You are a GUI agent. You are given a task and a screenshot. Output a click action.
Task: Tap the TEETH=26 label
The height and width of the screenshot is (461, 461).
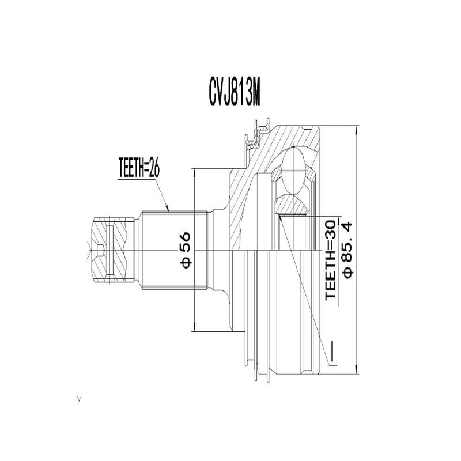pyautogui.click(x=138, y=168)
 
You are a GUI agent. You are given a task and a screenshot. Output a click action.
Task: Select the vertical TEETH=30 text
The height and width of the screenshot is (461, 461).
pyautogui.click(x=330, y=259)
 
